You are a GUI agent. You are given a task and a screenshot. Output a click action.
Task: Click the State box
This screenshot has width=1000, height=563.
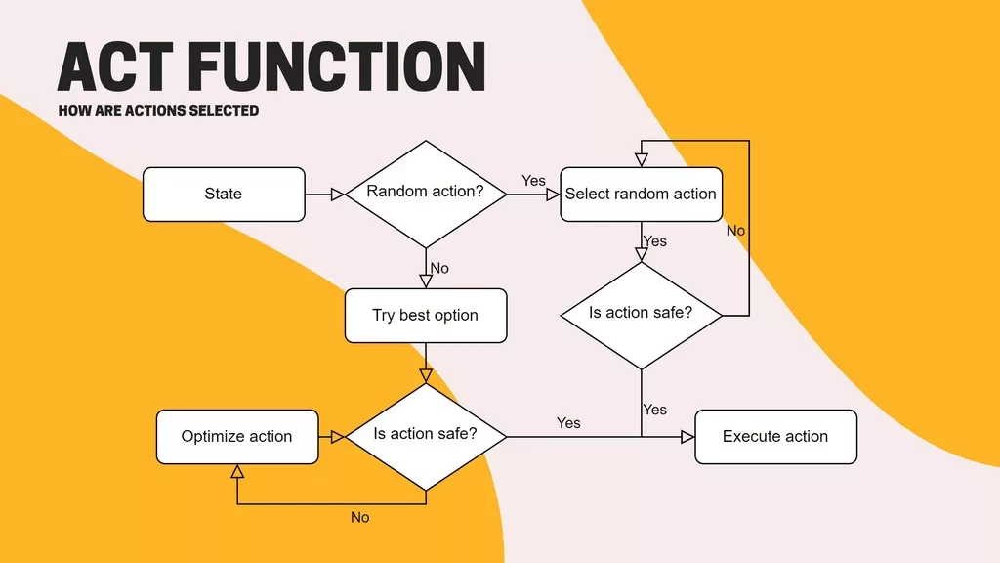tap(224, 195)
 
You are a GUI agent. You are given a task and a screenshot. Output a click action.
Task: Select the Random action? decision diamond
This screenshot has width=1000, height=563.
tap(425, 193)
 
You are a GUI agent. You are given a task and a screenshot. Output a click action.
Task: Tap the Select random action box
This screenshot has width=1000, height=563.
tap(641, 195)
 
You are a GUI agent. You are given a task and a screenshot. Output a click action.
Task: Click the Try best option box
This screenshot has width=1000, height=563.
tap(426, 316)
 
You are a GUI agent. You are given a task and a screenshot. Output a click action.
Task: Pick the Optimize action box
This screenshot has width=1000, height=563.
tap(237, 437)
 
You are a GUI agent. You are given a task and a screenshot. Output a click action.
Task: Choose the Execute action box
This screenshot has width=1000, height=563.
tap(775, 437)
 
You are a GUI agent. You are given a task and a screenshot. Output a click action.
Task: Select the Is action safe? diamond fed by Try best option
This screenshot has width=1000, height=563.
tap(426, 435)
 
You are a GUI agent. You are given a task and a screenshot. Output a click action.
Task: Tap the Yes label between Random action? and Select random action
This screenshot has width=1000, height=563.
tap(533, 181)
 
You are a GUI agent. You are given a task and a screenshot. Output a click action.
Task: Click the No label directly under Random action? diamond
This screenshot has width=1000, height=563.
tap(439, 268)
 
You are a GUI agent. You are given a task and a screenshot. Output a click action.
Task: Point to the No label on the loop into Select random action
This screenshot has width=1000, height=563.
tap(735, 231)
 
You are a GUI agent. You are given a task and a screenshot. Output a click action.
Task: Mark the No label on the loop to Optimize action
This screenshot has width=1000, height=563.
tap(360, 517)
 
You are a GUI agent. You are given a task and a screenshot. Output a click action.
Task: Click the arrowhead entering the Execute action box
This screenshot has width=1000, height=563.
tap(687, 437)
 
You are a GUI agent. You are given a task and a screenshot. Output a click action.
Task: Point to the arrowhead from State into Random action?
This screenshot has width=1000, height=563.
tap(338, 195)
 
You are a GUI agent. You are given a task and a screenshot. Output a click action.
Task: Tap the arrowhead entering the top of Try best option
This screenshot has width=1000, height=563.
tap(426, 281)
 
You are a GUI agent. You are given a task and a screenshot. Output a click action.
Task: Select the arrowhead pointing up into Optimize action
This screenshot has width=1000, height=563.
tap(237, 471)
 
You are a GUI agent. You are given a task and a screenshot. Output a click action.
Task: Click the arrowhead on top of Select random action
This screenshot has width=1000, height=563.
tap(642, 160)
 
